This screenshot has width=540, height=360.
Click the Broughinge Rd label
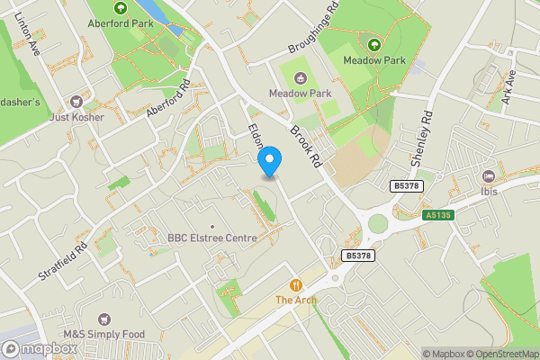pyautogui.click(x=313, y=28)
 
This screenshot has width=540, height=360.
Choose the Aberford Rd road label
pyautogui.click(x=166, y=100)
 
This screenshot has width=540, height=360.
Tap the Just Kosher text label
pyautogui.click(x=78, y=117)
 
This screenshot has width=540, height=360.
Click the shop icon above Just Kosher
pyautogui.click(x=78, y=101)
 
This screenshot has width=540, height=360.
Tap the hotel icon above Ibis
pyautogui.click(x=490, y=175)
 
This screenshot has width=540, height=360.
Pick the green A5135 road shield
pyautogui.click(x=436, y=215)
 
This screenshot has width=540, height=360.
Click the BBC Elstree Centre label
pyautogui.click(x=212, y=238)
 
